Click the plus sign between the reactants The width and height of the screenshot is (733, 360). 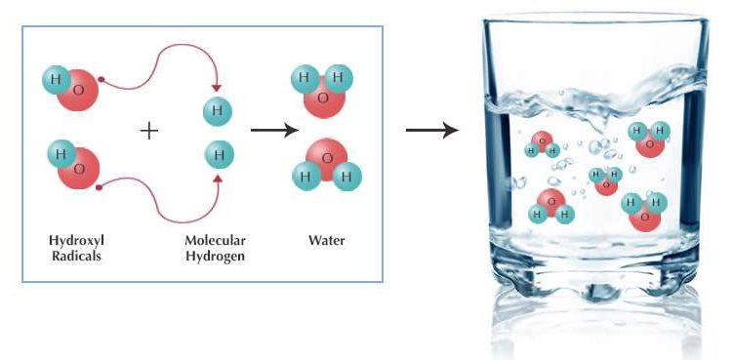point(148,130)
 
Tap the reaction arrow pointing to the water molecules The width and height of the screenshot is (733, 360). point(272,130)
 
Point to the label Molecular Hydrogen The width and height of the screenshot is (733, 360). point(216,248)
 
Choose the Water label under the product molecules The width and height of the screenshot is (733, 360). point(327,240)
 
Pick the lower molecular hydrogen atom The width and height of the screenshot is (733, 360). point(219,154)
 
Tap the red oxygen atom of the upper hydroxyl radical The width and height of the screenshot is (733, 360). point(77,90)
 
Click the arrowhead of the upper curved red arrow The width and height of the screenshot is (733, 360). point(218,92)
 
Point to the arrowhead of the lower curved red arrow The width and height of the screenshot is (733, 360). point(218,177)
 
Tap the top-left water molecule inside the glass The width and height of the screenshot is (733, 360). point(542,144)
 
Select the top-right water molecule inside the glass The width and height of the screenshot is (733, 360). point(647,139)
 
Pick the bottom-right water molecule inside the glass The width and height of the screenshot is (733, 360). point(643,210)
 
